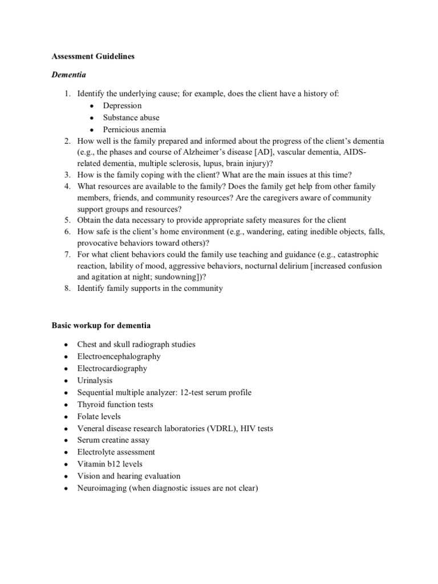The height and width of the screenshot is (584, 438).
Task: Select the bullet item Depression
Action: pyautogui.click(x=122, y=106)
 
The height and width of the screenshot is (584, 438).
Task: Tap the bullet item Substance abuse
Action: pyautogui.click(x=131, y=117)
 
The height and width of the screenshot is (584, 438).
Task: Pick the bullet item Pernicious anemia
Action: pyautogui.click(x=135, y=129)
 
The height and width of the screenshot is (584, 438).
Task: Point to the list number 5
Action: pyautogui.click(x=67, y=220)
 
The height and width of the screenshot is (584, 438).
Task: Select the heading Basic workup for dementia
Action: pyautogui.click(x=102, y=325)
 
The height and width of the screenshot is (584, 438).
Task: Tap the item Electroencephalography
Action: pyautogui.click(x=119, y=356)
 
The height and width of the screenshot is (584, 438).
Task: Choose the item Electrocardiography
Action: pyautogui.click(x=112, y=368)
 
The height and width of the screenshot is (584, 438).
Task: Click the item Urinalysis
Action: pyautogui.click(x=95, y=380)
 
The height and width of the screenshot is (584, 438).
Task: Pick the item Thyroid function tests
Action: pyautogui.click(x=115, y=404)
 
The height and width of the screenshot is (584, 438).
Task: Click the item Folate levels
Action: pyautogui.click(x=100, y=416)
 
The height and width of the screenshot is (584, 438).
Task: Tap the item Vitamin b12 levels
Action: pyautogui.click(x=109, y=464)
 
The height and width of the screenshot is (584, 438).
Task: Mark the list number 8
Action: pyautogui.click(x=67, y=289)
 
